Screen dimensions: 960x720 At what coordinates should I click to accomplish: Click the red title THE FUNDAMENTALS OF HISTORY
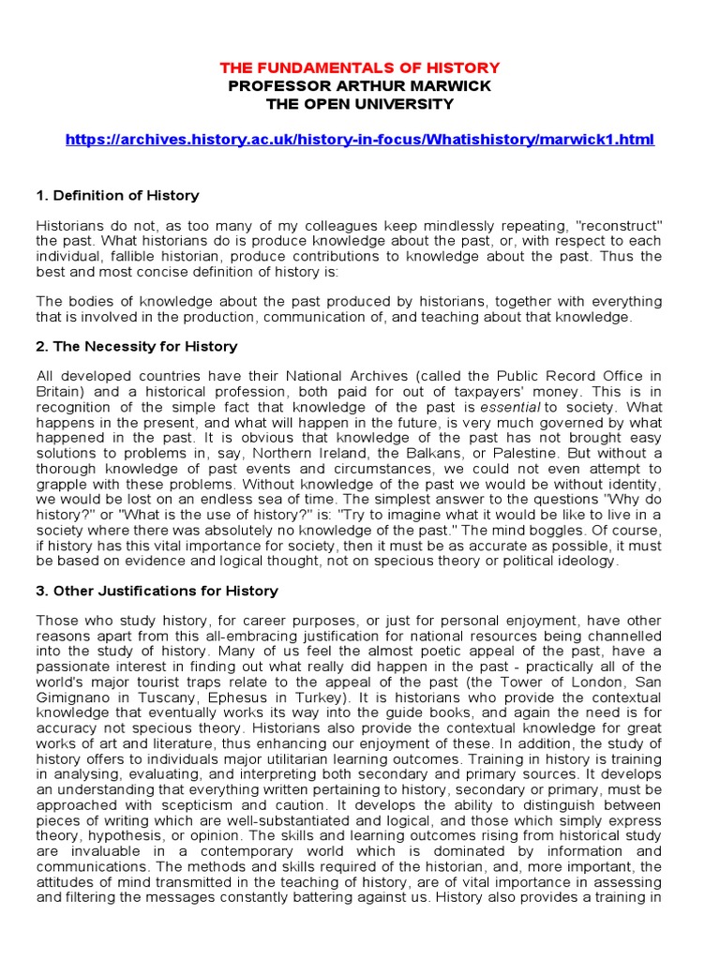pyautogui.click(x=360, y=68)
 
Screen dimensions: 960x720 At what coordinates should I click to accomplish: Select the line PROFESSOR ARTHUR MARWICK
pyautogui.click(x=360, y=86)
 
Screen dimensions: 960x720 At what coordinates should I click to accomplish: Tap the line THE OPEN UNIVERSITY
pyautogui.click(x=360, y=104)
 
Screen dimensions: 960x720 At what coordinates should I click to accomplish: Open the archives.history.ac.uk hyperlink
pyautogui.click(x=360, y=140)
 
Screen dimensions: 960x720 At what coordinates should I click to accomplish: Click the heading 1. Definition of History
pyautogui.click(x=117, y=196)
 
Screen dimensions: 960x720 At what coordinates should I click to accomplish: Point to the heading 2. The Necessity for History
pyautogui.click(x=136, y=347)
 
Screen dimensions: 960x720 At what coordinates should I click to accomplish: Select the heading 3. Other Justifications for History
pyautogui.click(x=157, y=591)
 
